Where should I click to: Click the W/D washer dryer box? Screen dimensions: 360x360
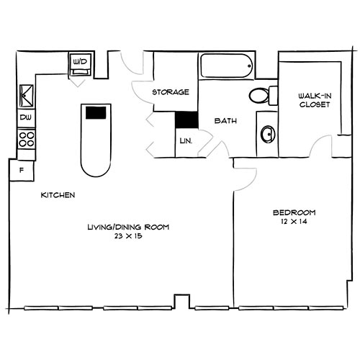point(79,63)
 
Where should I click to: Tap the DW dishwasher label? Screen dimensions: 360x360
point(25,117)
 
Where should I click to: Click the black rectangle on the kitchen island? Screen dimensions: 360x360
point(96,112)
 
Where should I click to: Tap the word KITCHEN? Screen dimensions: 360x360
point(58,195)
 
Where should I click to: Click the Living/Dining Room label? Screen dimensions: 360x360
point(127,228)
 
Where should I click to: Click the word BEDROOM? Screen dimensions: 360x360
point(294,212)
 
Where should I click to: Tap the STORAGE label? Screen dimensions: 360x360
point(171,92)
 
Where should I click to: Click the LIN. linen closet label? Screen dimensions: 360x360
point(184,140)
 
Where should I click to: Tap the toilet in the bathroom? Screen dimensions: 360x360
point(261,94)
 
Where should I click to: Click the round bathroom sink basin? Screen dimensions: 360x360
point(267,134)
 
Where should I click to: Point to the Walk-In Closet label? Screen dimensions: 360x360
point(315,100)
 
